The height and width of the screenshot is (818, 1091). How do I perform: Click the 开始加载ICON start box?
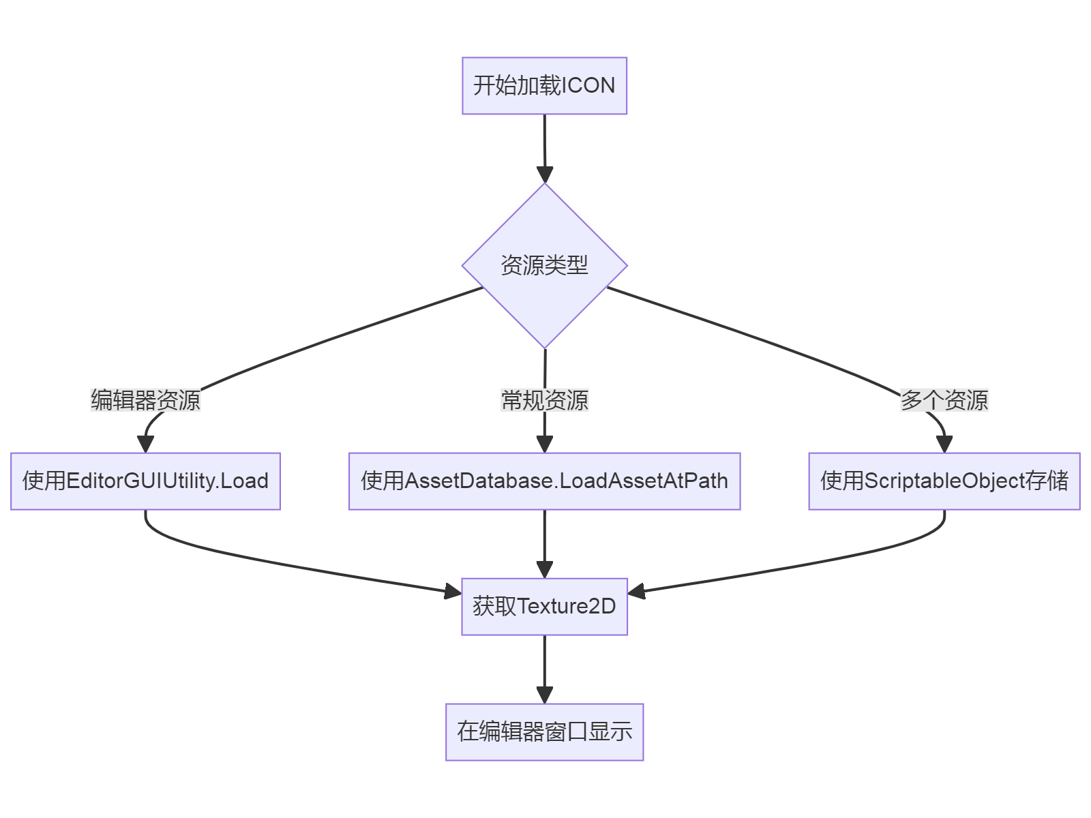pos(544,86)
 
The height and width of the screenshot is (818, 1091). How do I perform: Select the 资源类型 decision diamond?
pos(544,266)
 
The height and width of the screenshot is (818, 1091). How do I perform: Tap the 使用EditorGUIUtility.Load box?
pos(145,481)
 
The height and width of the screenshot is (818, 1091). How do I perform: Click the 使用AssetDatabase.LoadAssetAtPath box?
pos(544,481)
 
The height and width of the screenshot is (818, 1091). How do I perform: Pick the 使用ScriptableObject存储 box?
pos(944,481)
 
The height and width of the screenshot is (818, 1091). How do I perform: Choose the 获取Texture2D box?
pos(544,607)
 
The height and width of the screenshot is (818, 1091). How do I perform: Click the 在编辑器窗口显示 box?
pos(544,732)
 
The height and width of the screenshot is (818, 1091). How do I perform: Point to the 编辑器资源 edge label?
pos(145,400)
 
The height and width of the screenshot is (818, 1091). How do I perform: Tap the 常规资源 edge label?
pos(544,400)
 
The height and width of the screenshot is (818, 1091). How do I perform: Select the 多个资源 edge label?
pos(944,400)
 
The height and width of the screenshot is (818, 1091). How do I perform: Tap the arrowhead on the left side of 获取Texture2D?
pos(453,591)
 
